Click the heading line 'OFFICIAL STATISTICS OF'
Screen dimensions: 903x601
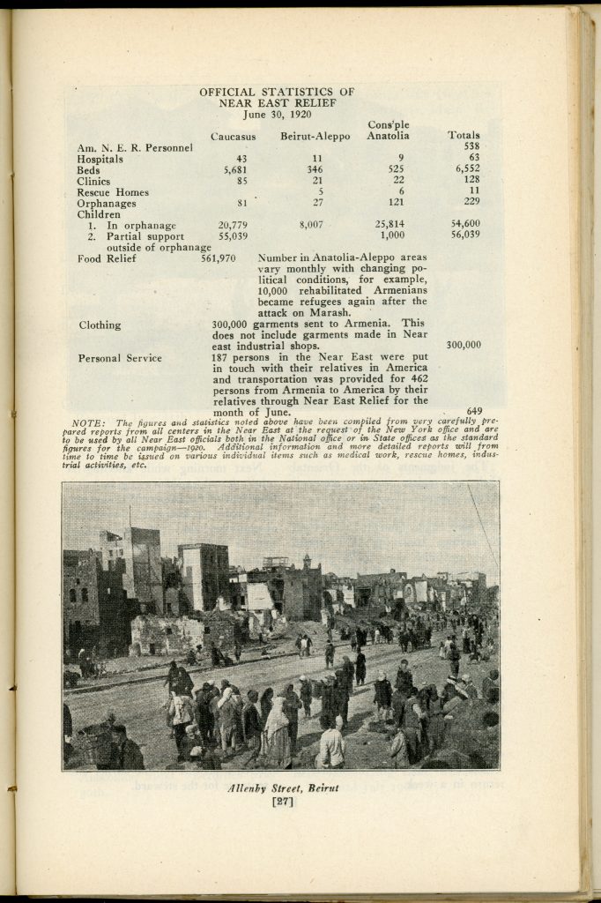277,92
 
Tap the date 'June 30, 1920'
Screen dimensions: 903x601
277,114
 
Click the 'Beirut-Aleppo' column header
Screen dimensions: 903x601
315,136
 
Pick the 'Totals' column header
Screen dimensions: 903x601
464,136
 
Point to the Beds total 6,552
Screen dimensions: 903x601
466,169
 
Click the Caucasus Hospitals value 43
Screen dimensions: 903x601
241,158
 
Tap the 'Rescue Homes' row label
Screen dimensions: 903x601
113,192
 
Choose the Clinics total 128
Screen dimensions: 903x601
471,181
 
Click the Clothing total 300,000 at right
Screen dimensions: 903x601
464,345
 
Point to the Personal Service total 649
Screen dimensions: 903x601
473,411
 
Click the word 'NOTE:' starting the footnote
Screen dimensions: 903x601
86,423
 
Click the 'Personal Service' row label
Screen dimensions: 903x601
119,358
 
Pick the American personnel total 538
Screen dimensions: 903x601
471,146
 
